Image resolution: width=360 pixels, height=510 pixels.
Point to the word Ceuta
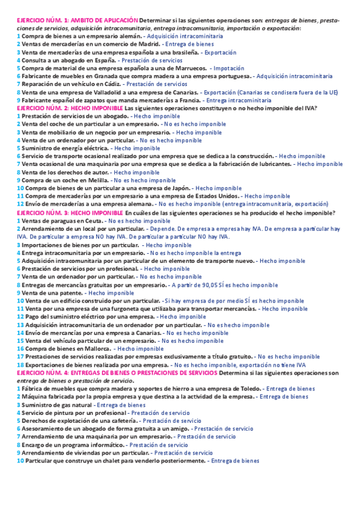[x=87, y=221]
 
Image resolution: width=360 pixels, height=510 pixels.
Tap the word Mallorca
[x=93, y=348]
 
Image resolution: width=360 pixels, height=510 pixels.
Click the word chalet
[x=104, y=460]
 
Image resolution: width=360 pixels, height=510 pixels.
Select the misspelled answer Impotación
[x=228, y=69]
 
